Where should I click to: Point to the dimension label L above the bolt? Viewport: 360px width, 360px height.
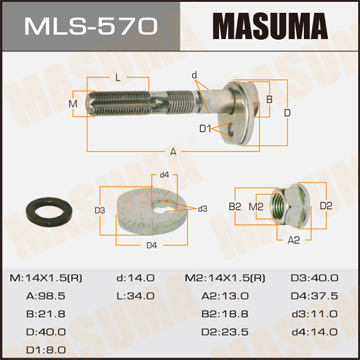pos(118,77)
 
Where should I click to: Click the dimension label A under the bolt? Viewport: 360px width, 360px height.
pos(174,151)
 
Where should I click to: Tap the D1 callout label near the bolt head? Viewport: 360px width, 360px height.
pos(204,128)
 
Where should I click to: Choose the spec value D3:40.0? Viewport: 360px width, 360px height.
pos(315,276)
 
